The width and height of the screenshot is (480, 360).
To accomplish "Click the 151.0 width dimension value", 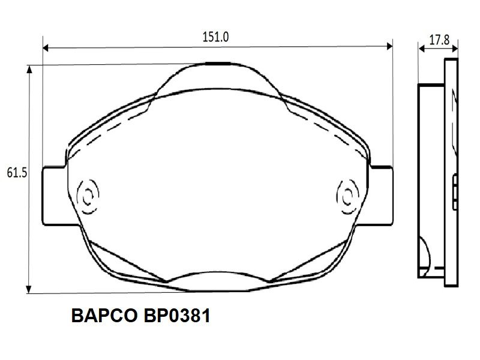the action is tap(215, 37).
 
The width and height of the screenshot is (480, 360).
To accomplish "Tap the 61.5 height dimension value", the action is tap(17, 173).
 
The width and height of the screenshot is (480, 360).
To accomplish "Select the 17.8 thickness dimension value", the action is tap(439, 40).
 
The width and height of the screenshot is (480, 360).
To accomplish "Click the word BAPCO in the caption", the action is tap(104, 316).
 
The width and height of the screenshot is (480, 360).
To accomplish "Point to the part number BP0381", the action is tap(177, 316).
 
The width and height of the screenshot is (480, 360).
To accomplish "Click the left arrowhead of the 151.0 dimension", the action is tap(46, 48).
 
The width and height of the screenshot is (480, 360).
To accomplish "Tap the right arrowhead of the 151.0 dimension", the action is tap(389, 47).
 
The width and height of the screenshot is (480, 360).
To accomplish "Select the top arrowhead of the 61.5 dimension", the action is tap(29, 69).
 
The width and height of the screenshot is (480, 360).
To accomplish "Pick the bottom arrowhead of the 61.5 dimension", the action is tap(29, 289).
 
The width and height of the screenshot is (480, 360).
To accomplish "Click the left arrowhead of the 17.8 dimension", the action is tap(422, 49).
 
